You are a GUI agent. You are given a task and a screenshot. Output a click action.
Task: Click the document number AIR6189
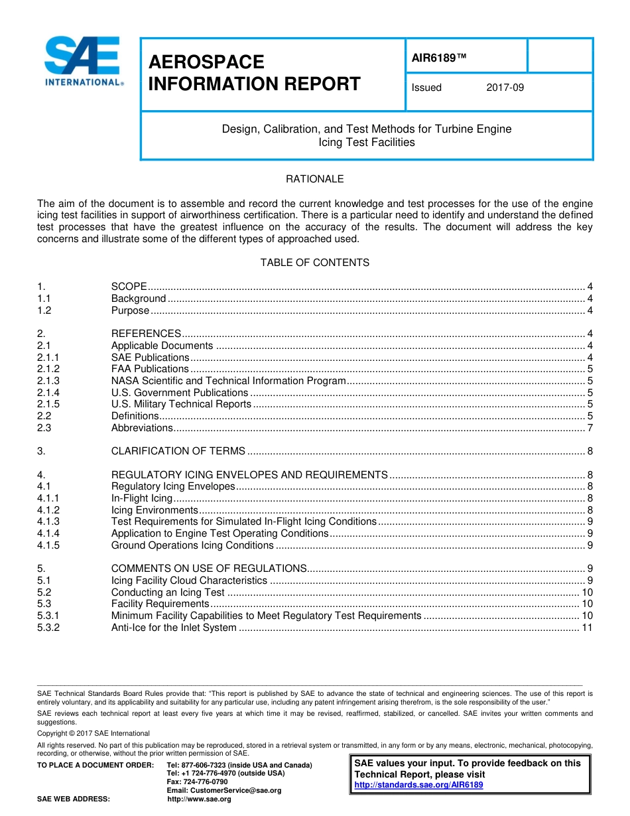[439, 58]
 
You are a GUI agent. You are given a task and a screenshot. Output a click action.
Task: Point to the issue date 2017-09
[505, 88]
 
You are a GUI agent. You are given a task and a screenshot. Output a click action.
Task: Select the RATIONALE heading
[314, 179]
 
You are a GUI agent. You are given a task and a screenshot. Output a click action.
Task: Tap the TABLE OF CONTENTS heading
[314, 263]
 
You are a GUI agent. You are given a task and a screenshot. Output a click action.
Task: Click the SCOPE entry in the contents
[129, 287]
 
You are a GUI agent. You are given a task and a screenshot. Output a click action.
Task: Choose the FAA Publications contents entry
[150, 369]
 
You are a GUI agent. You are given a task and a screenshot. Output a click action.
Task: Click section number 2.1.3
[48, 381]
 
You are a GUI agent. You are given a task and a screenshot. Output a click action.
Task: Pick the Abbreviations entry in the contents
[142, 428]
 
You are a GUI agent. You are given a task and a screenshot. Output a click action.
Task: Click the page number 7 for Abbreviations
[590, 428]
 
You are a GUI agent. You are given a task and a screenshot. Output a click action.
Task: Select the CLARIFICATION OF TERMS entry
[178, 451]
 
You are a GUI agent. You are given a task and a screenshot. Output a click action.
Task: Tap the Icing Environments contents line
[155, 510]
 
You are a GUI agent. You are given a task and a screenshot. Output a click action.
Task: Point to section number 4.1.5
[48, 545]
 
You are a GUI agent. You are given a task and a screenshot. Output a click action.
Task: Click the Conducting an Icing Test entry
[168, 592]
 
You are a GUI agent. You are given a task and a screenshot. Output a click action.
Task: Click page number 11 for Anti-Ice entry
[587, 628]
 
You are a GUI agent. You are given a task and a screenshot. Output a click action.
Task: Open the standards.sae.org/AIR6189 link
[418, 785]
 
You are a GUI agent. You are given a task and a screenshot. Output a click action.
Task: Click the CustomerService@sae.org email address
[224, 790]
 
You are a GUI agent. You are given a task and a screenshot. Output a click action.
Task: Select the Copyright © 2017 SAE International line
[94, 733]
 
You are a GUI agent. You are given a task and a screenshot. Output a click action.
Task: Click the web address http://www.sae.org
[200, 799]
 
